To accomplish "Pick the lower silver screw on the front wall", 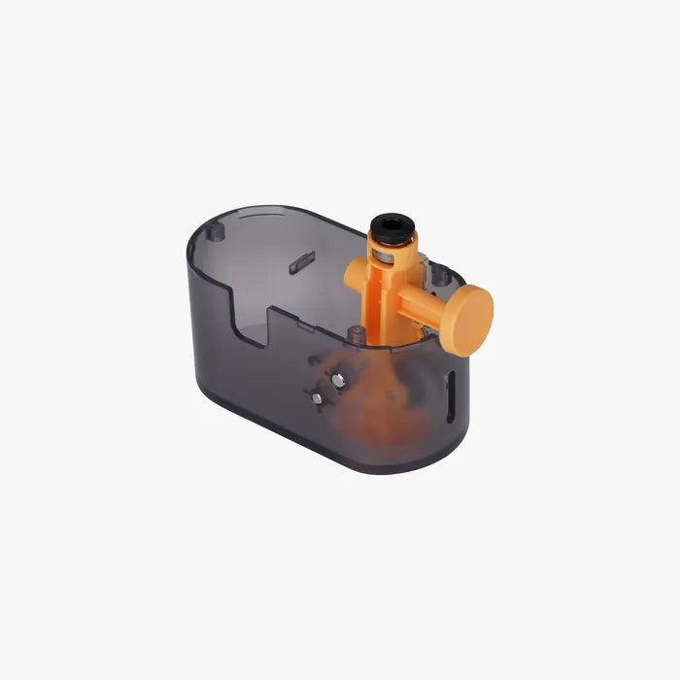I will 313,395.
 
